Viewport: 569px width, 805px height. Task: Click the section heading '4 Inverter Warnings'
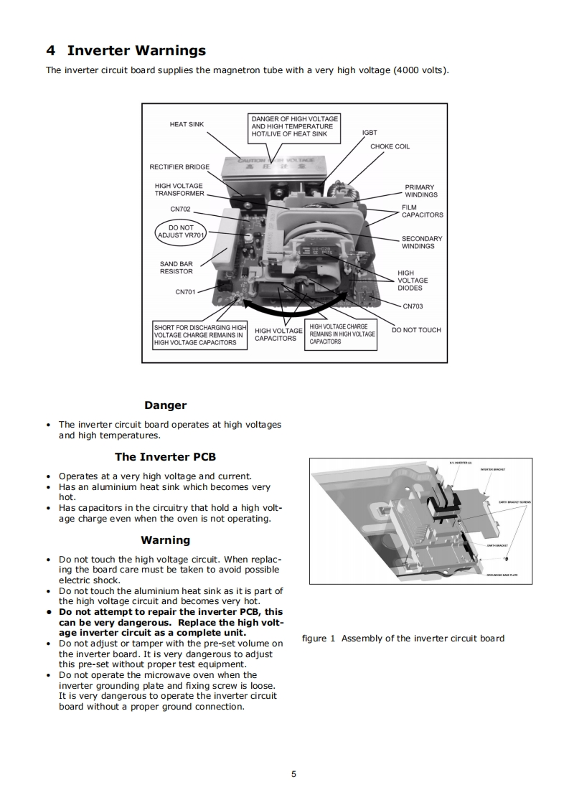coord(126,50)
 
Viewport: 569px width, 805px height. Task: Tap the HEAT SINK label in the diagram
coord(187,124)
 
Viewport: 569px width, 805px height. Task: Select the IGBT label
coord(370,133)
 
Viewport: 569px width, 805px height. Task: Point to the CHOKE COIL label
coord(390,146)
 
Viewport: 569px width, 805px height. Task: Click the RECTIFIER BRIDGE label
coord(179,167)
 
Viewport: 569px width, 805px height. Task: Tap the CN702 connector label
coord(179,209)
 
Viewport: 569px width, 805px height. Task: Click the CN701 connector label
coord(185,292)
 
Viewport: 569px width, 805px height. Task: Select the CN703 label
coord(413,306)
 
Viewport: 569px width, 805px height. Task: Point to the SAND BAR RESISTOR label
coord(176,268)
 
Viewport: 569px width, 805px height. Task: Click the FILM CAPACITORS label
coord(422,211)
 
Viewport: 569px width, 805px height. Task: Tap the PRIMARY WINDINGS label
coord(420,191)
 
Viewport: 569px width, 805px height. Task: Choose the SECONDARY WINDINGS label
coord(422,243)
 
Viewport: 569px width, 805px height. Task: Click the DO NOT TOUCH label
coord(416,330)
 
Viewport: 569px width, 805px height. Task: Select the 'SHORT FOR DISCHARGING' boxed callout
coord(199,335)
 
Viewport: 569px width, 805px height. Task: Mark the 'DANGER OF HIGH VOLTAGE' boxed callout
coord(294,126)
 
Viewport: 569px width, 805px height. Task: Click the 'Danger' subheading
coord(165,405)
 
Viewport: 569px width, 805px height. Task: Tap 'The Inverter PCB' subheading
coord(165,457)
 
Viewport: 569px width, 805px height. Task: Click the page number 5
coord(293,774)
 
